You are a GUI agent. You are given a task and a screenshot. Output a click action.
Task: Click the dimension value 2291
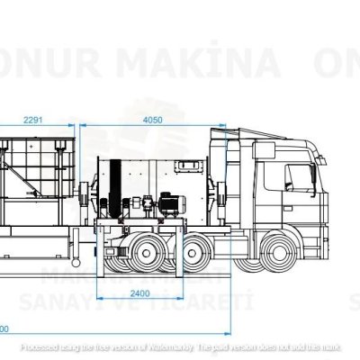(x=34, y=119)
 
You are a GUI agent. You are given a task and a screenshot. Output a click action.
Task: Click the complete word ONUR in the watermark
(x=45, y=65)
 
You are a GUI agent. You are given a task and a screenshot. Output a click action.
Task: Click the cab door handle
(x=286, y=200)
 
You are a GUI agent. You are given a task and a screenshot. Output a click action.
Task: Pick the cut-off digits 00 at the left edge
(x=4, y=327)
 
